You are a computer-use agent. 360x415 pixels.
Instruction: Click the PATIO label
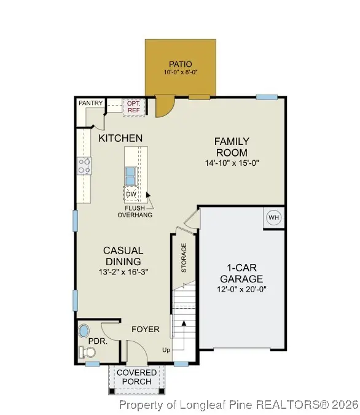click(180, 64)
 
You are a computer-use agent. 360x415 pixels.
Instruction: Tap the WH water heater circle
click(273, 217)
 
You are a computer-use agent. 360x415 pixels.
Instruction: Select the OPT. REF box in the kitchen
click(133, 107)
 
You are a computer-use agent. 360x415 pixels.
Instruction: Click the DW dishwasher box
click(131, 195)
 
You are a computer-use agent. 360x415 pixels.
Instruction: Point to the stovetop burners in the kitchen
click(84, 165)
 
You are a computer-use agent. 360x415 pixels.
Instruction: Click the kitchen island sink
click(130, 176)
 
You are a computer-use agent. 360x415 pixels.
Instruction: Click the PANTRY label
click(90, 103)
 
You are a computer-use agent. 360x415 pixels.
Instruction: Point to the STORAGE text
click(183, 258)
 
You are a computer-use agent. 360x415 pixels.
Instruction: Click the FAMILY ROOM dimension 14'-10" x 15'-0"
click(231, 164)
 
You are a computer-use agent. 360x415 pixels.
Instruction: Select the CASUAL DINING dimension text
click(123, 272)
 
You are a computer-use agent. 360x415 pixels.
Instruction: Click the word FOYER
click(146, 330)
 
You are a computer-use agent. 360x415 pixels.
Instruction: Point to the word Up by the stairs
click(166, 350)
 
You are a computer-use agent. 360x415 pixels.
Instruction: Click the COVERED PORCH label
click(136, 377)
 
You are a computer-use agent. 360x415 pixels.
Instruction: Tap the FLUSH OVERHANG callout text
click(135, 212)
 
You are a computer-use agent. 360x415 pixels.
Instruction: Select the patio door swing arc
click(165, 107)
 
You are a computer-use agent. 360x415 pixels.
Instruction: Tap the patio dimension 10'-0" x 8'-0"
click(180, 73)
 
